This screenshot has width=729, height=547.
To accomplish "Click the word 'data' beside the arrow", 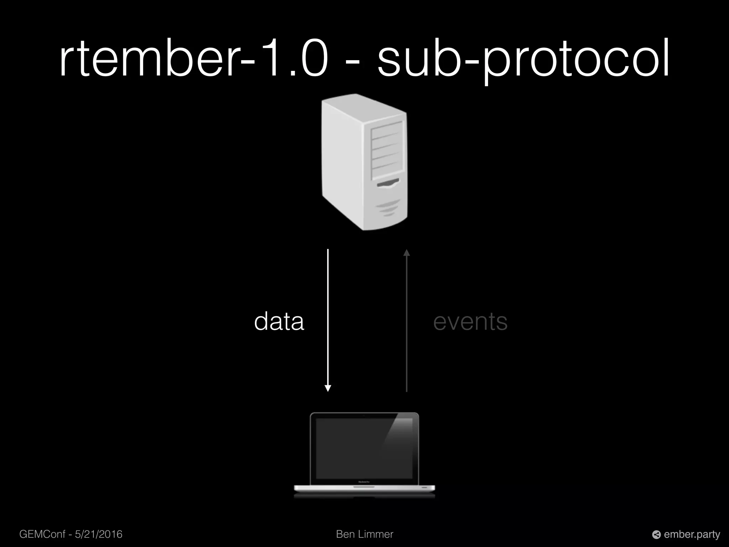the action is click(279, 322).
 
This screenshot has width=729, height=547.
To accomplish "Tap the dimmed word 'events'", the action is click(470, 322).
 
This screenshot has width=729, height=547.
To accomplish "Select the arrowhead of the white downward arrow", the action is click(328, 388).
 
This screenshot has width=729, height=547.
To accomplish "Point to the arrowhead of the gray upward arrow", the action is click(407, 253).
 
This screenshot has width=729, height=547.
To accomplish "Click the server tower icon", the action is click(364, 162).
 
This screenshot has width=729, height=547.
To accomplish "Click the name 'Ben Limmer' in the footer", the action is click(364, 534).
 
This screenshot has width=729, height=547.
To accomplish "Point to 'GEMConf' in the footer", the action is click(42, 534).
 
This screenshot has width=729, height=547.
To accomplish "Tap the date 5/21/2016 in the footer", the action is click(99, 534).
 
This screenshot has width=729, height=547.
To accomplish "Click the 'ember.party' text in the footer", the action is click(692, 535).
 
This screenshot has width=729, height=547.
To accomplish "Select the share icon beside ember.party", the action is click(656, 535).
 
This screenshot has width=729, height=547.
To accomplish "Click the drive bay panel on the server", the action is click(387, 150).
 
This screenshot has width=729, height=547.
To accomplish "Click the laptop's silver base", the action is click(364, 488).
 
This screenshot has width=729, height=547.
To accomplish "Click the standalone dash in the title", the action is click(353, 62).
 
